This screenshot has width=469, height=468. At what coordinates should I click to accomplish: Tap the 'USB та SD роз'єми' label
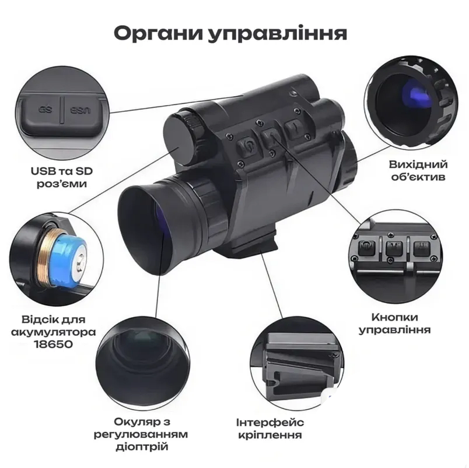coord(62,177)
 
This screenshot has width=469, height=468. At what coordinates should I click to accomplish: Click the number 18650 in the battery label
coord(64,344)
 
